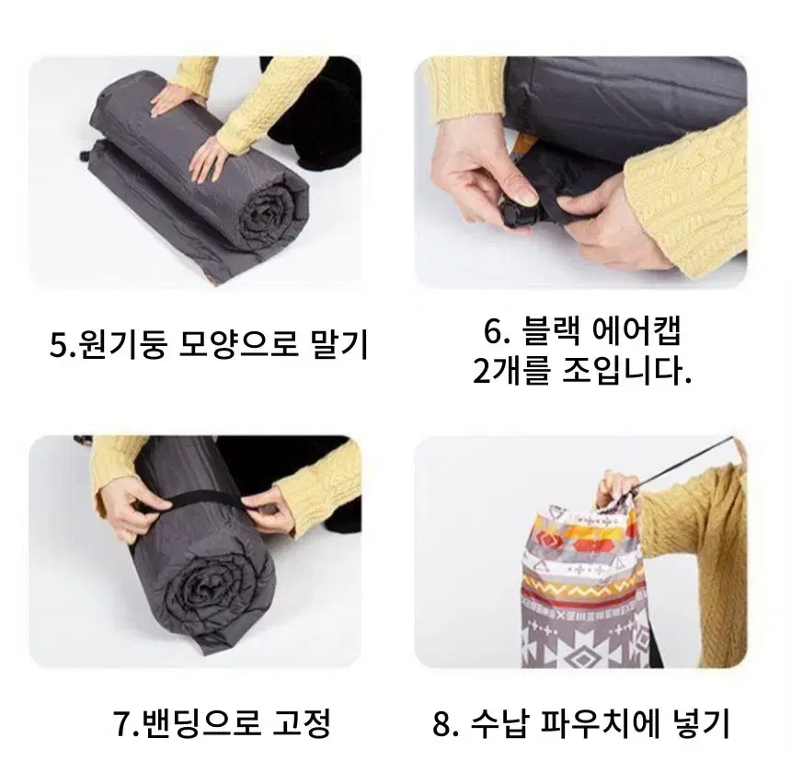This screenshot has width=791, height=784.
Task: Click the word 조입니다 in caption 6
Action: click(x=625, y=372)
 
